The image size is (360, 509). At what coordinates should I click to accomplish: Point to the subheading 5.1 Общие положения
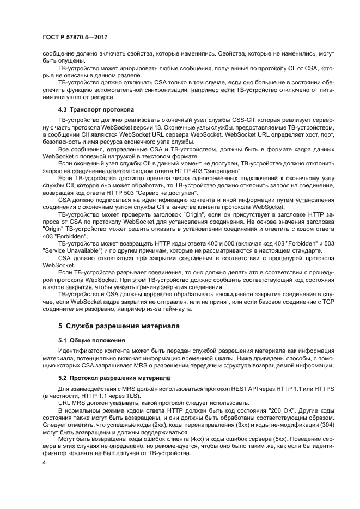click(84, 340)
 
